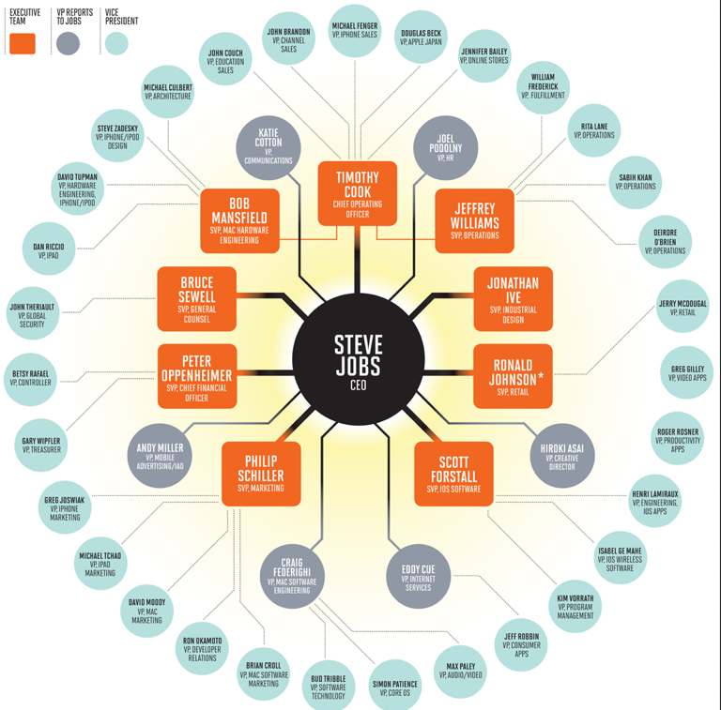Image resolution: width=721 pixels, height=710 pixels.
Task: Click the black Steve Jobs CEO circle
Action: tap(359, 359)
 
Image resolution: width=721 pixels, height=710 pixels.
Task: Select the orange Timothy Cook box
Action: tap(358, 193)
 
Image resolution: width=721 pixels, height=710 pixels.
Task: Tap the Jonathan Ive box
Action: tap(514, 298)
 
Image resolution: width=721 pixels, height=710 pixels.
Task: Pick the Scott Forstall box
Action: tap(453, 474)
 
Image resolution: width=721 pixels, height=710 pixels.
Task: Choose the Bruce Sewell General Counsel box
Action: tap(197, 298)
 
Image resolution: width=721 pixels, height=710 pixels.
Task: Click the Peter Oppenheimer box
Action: tap(197, 376)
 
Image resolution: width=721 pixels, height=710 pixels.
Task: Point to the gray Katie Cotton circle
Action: tap(268, 148)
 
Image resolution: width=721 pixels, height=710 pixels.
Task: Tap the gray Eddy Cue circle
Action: tap(419, 577)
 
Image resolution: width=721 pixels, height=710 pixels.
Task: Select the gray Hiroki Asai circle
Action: tap(562, 456)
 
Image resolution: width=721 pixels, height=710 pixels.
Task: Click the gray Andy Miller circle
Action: tap(160, 456)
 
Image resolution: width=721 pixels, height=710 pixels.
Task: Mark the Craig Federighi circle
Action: tap(293, 577)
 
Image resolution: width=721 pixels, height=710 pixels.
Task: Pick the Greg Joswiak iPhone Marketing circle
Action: tap(65, 507)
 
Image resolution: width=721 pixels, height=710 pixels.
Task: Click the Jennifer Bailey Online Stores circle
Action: tap(484, 55)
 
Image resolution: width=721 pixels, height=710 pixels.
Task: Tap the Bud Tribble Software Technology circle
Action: tap(329, 687)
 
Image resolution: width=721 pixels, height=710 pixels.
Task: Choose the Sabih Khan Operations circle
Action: tap(636, 182)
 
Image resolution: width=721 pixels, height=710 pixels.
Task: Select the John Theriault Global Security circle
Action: tap(33, 313)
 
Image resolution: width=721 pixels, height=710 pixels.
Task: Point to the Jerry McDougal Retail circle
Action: tap(683, 306)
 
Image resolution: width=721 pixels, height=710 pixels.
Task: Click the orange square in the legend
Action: tap(23, 44)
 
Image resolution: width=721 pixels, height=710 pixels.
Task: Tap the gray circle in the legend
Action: tap(68, 44)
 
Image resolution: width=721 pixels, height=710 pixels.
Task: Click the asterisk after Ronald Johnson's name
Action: tap(541, 376)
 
